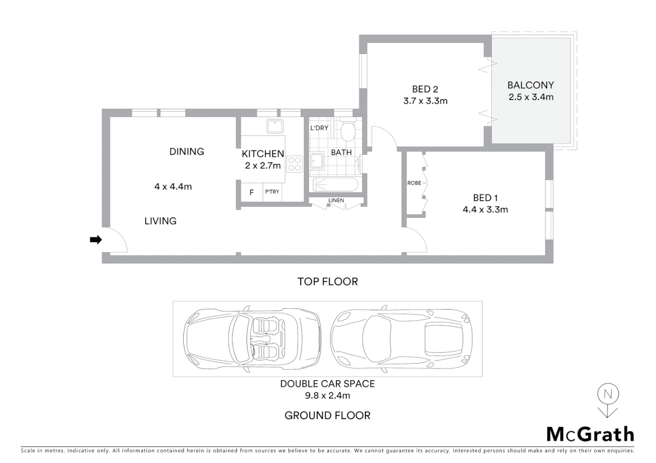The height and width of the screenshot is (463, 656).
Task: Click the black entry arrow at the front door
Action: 95,240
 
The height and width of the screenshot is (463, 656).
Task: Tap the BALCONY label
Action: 531,85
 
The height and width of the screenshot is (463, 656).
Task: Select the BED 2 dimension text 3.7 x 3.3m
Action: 425,101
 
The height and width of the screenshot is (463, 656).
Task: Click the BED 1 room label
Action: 485,198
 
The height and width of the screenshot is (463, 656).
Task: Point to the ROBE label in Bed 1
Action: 414,183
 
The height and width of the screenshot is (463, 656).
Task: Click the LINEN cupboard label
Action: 336,200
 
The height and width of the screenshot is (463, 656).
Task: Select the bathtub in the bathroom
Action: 335,185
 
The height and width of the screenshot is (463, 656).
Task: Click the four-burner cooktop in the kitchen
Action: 295,164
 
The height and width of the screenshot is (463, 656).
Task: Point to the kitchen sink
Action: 274,126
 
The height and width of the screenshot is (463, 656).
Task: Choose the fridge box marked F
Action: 252,192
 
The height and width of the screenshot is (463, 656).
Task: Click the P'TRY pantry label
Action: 272,192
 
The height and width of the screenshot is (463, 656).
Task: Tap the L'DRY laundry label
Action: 319,128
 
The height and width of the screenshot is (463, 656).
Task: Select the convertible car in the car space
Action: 252,339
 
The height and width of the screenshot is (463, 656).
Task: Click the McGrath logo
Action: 590,434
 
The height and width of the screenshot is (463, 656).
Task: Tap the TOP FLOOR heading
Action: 328,282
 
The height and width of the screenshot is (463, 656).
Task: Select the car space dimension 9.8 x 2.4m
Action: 328,396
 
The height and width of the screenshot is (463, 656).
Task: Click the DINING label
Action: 186,151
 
